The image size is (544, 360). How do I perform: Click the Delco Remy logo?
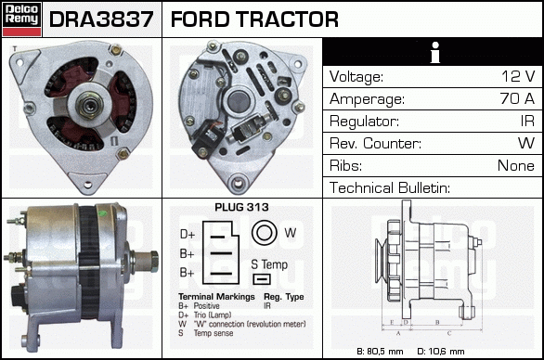click(21, 19)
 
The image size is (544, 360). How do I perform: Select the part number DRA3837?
click(101, 19)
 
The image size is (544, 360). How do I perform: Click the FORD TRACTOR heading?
click(254, 19)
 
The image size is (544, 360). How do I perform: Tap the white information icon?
click(434, 52)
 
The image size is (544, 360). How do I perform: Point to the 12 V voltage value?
click(518, 76)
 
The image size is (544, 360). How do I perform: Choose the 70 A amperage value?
click(517, 98)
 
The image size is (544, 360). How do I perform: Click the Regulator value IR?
click(527, 121)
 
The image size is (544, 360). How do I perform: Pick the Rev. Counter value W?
click(526, 143)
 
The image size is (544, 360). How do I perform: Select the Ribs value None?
click(516, 165)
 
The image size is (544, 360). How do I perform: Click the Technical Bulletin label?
click(390, 187)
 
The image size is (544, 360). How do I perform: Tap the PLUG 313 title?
click(241, 207)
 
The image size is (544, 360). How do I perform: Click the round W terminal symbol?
click(264, 232)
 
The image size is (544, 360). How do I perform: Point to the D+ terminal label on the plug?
click(188, 235)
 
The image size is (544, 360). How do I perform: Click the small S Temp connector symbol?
click(262, 279)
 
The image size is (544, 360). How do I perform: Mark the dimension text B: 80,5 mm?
click(380, 352)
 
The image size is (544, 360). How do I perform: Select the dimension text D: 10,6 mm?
click(441, 352)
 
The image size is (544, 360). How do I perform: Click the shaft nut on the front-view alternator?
click(89, 105)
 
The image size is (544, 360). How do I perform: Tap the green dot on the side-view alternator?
click(102, 213)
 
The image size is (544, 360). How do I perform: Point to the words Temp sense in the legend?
click(214, 333)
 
